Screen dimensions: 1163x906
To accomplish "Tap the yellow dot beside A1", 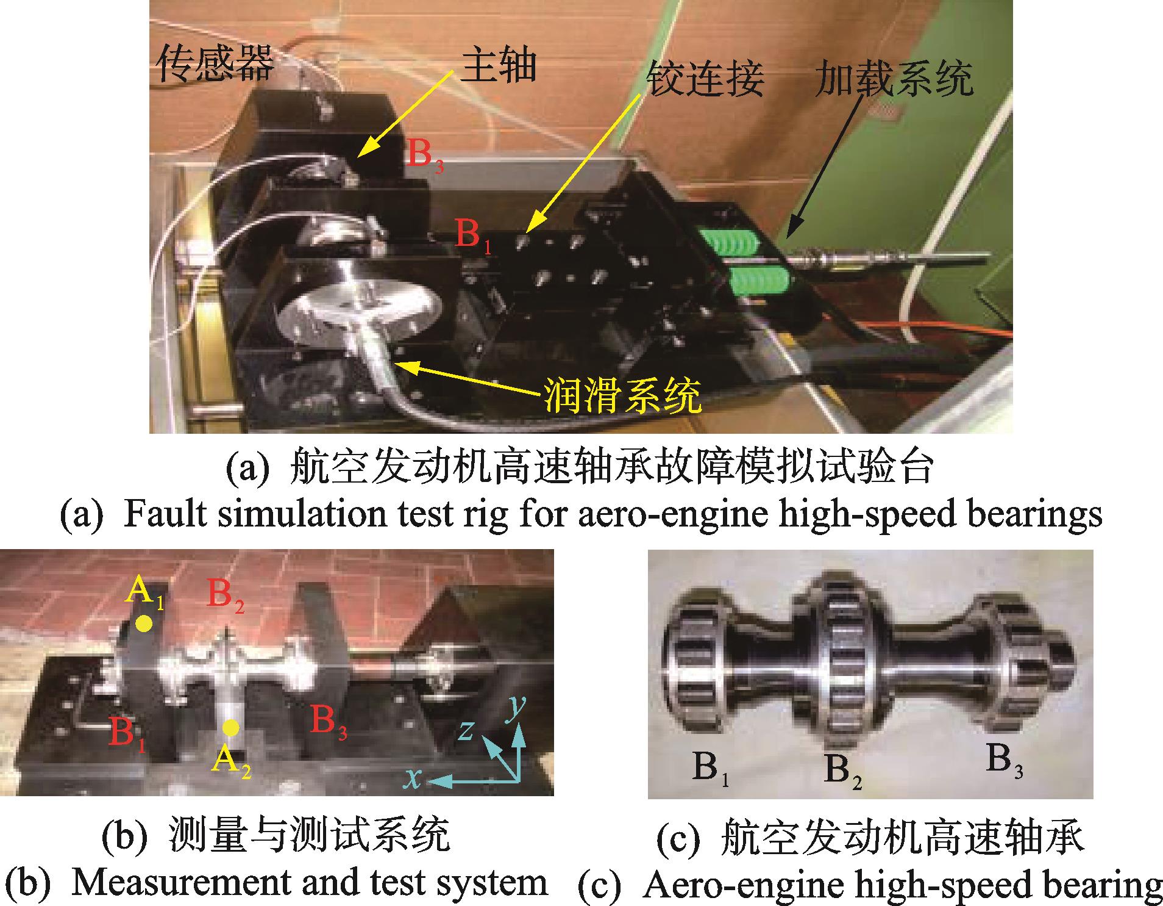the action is [x=144, y=624].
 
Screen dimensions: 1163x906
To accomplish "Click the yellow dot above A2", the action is [x=230, y=727].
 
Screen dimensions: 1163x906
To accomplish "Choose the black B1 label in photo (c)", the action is [x=711, y=767].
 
